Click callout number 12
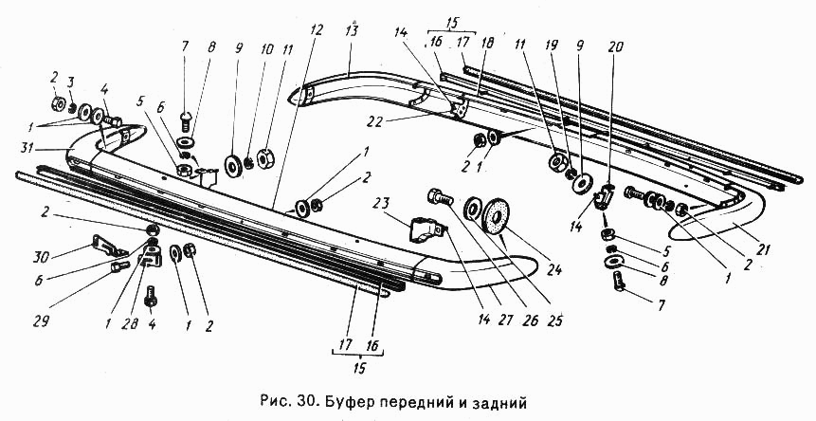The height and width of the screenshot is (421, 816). point(316,30)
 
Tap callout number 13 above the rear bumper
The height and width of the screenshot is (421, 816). point(352,31)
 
